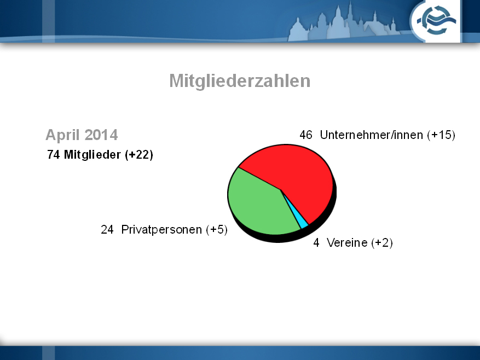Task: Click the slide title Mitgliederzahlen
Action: pos(240,81)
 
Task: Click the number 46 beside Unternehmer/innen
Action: pos(306,135)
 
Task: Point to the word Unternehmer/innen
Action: pos(371,135)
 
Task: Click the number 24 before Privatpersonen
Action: pos(107,230)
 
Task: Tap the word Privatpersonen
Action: pos(161,230)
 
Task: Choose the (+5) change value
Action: pos(217,230)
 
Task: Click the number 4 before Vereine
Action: pos(316,243)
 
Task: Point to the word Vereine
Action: pos(347,243)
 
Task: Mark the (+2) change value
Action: pos(382,243)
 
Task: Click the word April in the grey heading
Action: pos(63,135)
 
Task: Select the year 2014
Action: pos(101,135)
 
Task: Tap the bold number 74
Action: pos(54,155)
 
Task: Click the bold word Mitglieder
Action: pos(92,155)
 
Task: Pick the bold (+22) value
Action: pos(139,155)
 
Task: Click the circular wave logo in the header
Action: pos(436,20)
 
